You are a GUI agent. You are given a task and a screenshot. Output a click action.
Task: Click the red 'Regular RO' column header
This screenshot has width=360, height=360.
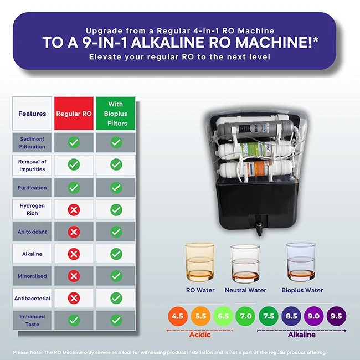point(74,114)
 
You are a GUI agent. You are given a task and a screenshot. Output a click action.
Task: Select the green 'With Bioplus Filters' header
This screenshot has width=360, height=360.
point(116,114)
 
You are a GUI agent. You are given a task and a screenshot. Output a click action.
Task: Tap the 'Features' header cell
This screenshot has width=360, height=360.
point(32,114)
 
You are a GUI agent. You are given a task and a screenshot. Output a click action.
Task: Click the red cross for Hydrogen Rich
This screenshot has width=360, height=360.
point(74,209)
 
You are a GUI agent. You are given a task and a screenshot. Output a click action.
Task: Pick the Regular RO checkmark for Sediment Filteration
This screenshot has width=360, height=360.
point(74,143)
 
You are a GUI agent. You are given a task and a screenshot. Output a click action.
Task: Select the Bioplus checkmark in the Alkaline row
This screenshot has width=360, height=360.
point(116,254)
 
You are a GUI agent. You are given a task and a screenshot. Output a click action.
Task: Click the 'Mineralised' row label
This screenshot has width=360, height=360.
point(32,276)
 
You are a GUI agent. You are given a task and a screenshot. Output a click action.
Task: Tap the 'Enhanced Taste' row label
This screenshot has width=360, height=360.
point(32,320)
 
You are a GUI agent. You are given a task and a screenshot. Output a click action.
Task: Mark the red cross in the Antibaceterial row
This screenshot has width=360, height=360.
point(74,298)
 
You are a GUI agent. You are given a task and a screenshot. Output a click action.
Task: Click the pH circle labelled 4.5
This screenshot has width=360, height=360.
point(178,317)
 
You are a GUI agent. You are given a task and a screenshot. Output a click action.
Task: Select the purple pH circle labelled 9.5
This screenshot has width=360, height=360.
point(336,317)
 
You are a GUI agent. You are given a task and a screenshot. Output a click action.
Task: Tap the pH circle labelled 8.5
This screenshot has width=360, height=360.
point(291,317)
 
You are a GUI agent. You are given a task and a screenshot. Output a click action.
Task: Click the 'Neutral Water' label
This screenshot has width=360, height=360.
point(245,290)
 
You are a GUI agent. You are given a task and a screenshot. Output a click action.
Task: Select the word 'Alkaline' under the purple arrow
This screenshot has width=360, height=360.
point(301,335)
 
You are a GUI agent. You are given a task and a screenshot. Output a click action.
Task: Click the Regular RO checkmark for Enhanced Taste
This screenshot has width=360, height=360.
point(74,320)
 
